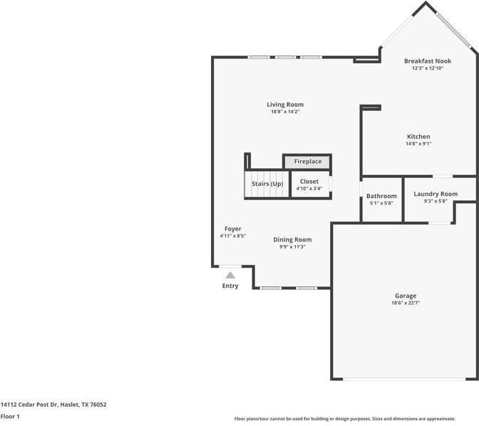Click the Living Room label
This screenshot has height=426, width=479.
(x=285, y=105)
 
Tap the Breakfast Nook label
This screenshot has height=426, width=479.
(x=428, y=61)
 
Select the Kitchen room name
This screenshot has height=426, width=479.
(x=418, y=136)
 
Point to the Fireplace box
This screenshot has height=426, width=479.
(x=307, y=162)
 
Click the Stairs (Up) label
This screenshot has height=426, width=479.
(x=267, y=185)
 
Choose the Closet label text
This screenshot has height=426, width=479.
(x=309, y=182)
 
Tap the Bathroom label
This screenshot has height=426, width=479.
(x=381, y=196)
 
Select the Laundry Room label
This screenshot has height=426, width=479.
(x=436, y=194)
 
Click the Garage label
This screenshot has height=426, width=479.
(x=406, y=296)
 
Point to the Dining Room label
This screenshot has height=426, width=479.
(x=292, y=239)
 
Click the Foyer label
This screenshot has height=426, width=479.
(x=232, y=229)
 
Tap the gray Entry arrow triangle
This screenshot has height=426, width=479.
(x=230, y=274)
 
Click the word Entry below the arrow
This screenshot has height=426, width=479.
(x=230, y=286)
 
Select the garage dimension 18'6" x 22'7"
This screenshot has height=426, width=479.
(x=406, y=303)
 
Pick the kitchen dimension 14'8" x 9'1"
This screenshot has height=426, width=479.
(x=418, y=144)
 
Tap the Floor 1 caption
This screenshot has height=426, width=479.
(x=10, y=416)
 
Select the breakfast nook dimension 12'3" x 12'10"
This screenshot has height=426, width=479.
(x=428, y=69)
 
